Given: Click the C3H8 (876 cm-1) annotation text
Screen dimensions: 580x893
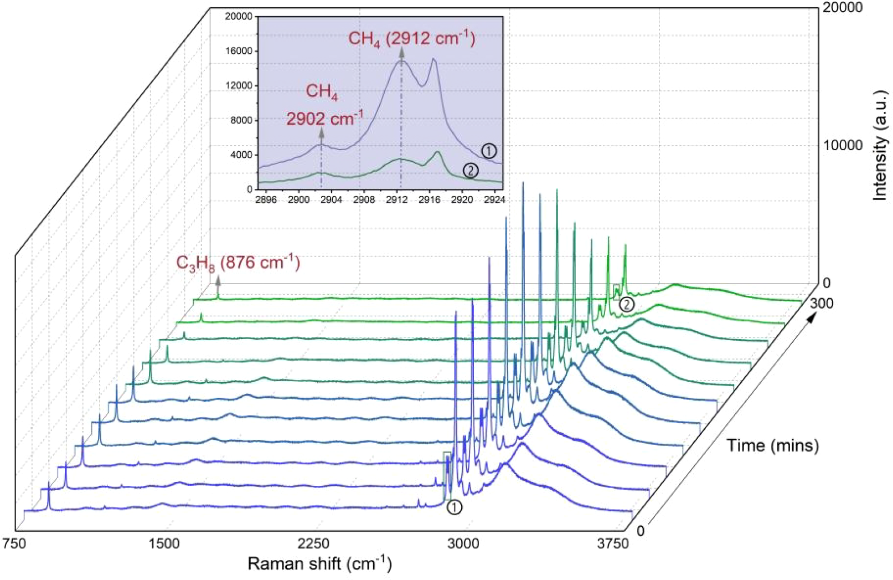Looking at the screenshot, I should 238,262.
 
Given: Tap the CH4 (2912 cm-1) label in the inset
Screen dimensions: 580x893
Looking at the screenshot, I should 411,39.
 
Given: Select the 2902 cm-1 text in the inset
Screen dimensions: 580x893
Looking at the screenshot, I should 325,118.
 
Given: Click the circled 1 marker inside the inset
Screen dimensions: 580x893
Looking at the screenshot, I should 489,151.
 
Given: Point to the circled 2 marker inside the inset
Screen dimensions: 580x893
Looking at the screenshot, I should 470,171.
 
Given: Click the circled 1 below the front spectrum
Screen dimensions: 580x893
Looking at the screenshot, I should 454,507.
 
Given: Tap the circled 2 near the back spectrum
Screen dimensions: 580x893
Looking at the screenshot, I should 626,304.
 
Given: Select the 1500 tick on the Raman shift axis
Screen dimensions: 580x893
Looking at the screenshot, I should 165,543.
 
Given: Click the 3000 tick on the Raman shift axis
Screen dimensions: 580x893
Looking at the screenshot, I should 463,543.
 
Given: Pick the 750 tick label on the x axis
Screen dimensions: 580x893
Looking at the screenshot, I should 14,543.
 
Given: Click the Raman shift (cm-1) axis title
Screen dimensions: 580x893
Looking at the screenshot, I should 319,564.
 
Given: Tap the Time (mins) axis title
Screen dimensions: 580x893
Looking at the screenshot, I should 772,445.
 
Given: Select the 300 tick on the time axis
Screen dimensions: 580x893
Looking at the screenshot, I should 822,303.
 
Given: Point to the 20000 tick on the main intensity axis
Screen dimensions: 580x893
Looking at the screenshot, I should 842,8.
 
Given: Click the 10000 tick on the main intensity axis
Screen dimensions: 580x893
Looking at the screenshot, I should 842,145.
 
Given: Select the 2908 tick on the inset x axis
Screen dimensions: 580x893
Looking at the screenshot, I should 364,199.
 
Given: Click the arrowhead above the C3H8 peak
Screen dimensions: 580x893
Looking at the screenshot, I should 218,281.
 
